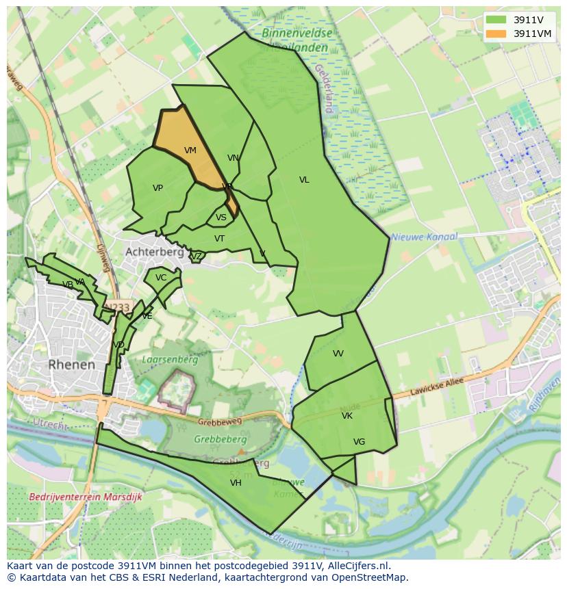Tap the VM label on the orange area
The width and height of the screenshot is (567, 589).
(190, 150)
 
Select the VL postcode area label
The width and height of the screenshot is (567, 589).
(304, 180)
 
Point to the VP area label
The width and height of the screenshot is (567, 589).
(157, 188)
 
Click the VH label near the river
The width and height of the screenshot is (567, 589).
(236, 483)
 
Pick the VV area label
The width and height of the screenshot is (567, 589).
(338, 354)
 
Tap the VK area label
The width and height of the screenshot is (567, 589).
(347, 416)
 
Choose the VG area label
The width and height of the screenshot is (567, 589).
(359, 442)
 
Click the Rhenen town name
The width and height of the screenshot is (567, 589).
(72, 365)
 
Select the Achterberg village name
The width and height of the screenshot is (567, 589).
(154, 252)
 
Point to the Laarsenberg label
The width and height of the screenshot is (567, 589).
(169, 359)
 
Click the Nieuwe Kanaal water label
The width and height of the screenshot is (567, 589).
(424, 237)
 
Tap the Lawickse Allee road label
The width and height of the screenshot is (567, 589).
(437, 387)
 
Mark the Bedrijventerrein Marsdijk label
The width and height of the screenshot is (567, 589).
(86, 497)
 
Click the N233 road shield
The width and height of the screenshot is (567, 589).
(118, 308)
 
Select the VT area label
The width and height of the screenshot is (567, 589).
(219, 239)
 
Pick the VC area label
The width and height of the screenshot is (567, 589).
(161, 278)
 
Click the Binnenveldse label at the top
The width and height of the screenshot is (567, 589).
(297, 32)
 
